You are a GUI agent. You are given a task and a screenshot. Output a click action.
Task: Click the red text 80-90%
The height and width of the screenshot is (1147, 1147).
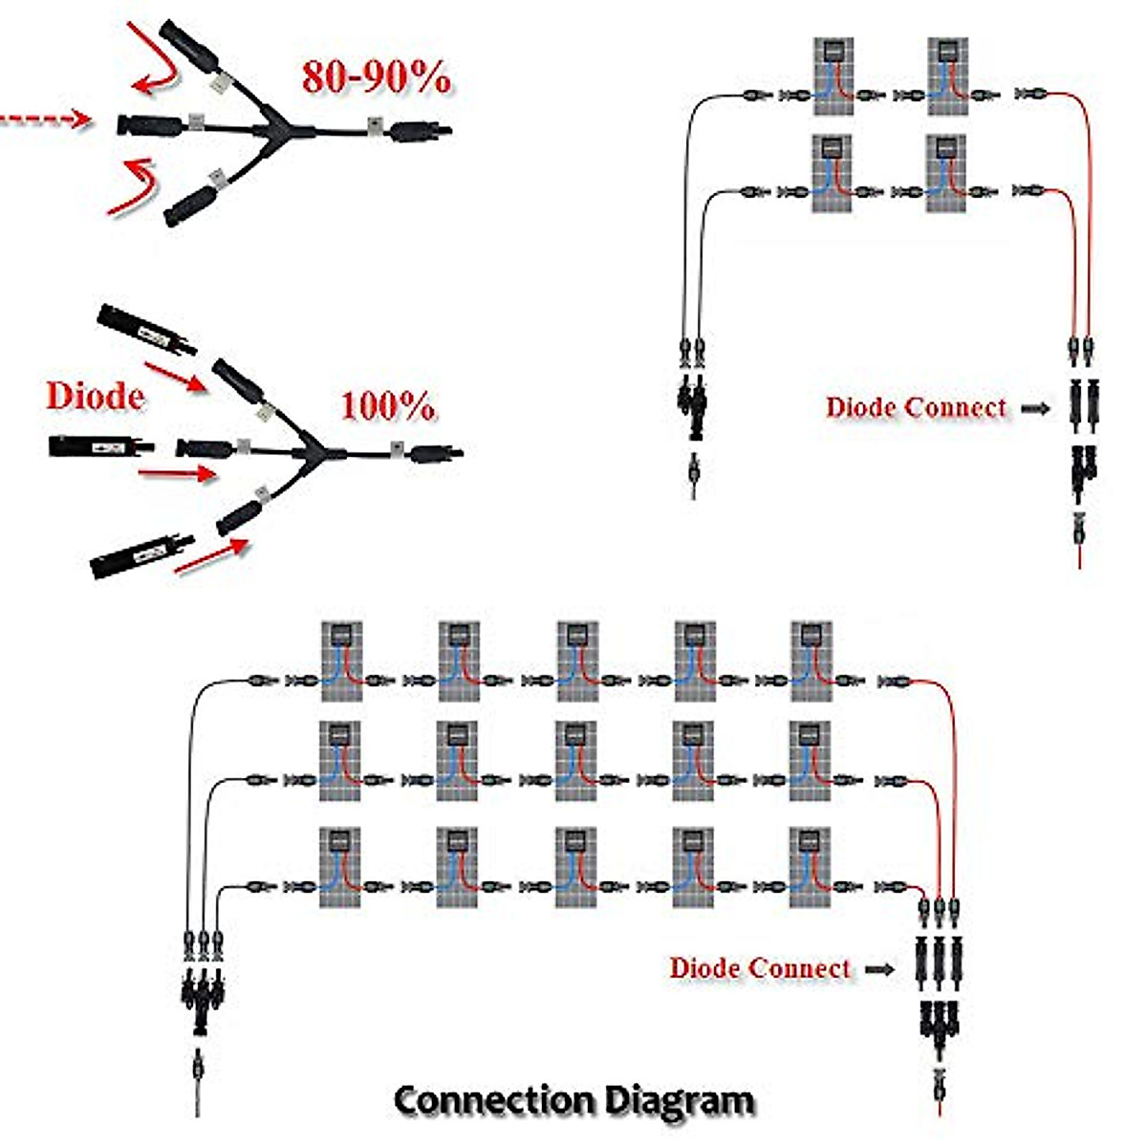pos(377,77)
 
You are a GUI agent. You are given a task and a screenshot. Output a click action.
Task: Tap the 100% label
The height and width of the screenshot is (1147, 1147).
pos(388,407)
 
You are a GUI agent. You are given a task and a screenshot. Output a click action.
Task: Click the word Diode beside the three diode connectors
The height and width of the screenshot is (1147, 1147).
pos(95,396)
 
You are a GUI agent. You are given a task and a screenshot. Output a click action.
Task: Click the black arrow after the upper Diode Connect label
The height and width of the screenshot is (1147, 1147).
pos(1035,408)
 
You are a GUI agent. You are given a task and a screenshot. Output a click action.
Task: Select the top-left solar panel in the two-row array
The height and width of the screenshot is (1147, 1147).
pos(833,76)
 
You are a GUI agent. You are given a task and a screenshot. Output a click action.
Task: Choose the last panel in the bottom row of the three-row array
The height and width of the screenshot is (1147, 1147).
pos(811,867)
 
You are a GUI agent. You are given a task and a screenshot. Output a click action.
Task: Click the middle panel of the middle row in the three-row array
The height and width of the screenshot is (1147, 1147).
pos(576,761)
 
